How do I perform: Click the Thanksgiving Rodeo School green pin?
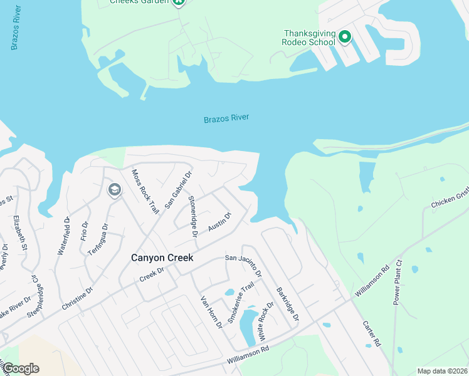pyautogui.click(x=344, y=37)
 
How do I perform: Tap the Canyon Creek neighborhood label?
pyautogui.click(x=162, y=258)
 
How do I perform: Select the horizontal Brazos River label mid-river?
pyautogui.click(x=226, y=118)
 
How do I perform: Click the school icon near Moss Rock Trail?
pyautogui.click(x=114, y=189)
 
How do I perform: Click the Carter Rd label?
pyautogui.click(x=372, y=334)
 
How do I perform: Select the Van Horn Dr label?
pyautogui.click(x=211, y=313)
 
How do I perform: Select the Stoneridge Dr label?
pyautogui.click(x=193, y=216)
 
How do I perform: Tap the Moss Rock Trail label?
pyautogui.click(x=145, y=191)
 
